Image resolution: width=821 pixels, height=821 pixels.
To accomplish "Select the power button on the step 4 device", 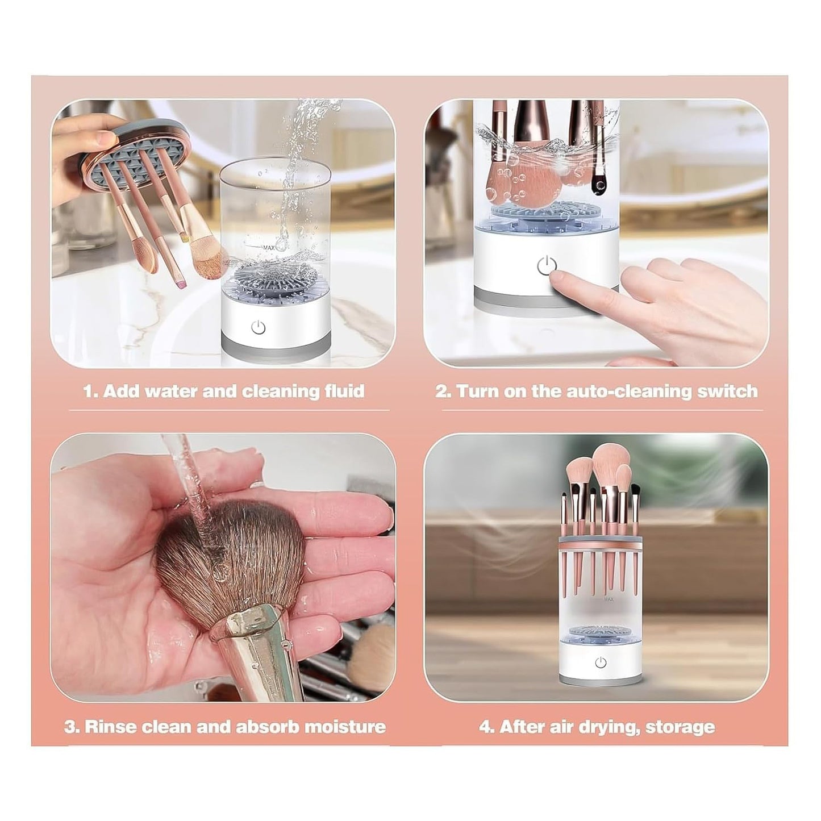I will [601, 662].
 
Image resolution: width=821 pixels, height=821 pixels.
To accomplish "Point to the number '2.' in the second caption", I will [443, 391].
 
